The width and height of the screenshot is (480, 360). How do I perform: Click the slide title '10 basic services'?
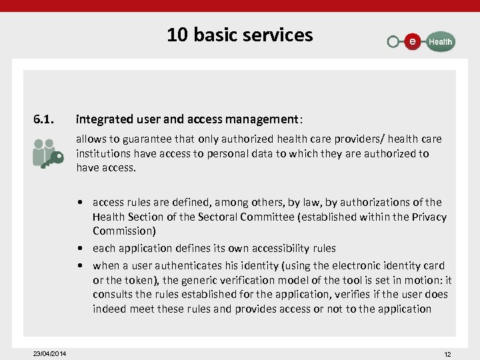(239, 35)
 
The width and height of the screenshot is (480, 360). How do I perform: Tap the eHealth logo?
(421, 41)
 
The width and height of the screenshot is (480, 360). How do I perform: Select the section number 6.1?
(43, 120)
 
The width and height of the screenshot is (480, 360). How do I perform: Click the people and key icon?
(47, 153)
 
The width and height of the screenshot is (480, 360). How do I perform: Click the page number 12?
(447, 354)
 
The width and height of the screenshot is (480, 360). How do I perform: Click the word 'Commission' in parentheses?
(123, 231)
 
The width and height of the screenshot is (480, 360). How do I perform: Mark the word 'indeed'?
(109, 309)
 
